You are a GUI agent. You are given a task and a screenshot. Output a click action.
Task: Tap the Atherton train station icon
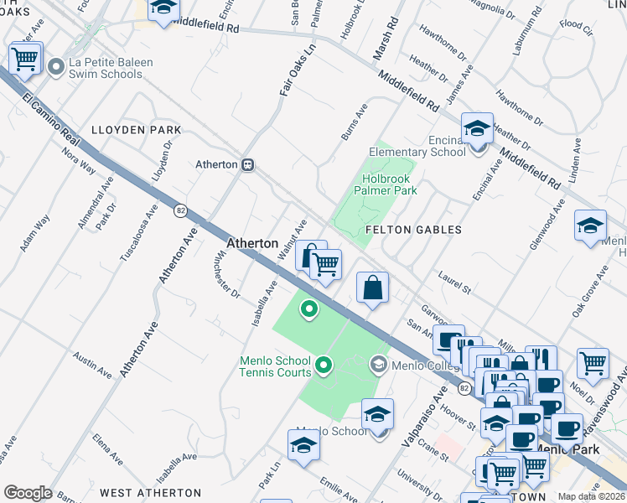(x=248, y=164)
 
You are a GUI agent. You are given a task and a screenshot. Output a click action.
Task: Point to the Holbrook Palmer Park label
(x=390, y=184)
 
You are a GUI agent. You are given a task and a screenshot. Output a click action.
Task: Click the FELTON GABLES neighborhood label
(x=413, y=229)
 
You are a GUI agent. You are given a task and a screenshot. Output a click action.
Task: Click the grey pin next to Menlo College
(x=378, y=364)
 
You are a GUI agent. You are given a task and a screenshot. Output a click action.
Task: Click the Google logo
(x=28, y=493)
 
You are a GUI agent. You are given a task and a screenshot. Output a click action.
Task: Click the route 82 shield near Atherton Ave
(x=180, y=210)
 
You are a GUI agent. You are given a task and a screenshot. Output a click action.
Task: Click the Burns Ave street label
(x=355, y=122)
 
